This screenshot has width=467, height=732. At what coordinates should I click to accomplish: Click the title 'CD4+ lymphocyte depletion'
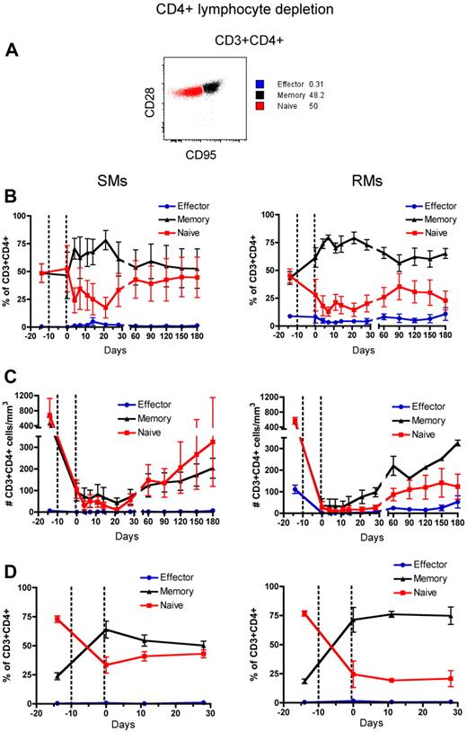pyautogui.click(x=233, y=11)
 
